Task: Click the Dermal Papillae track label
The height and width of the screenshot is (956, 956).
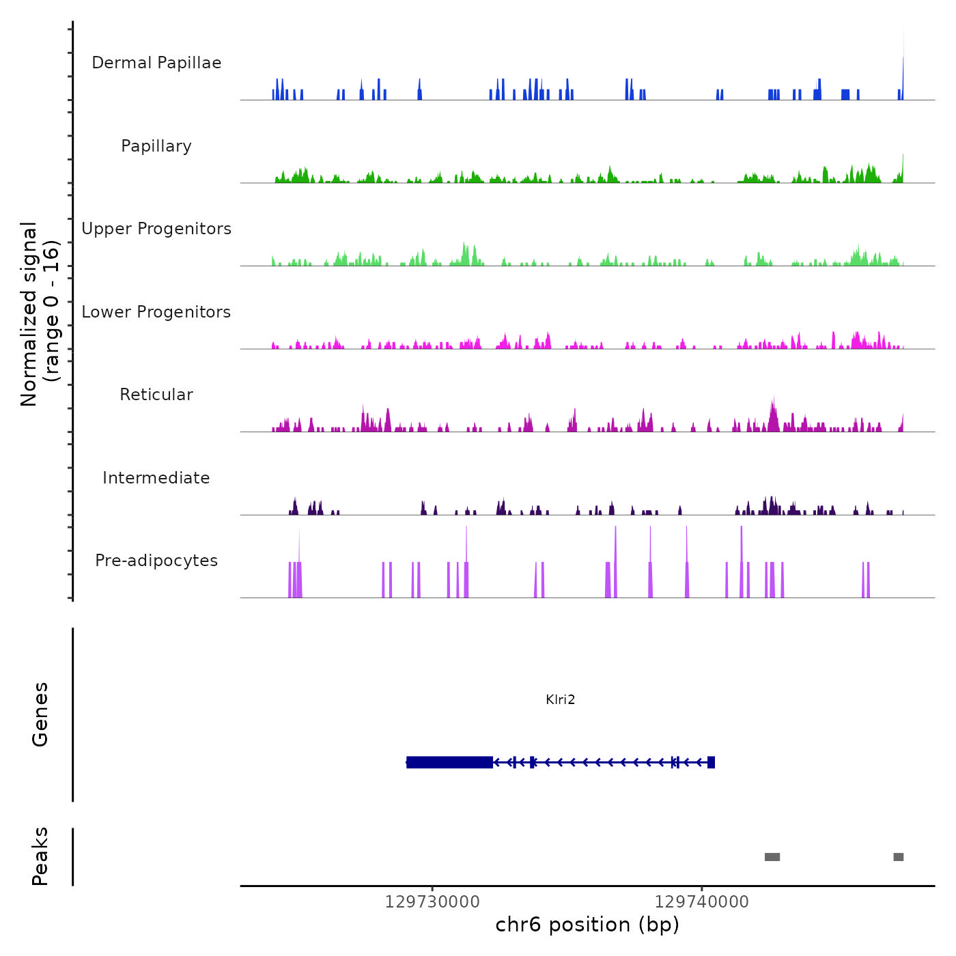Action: click(156, 63)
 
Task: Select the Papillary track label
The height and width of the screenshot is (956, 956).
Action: click(156, 146)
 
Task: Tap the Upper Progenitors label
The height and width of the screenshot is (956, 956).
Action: click(156, 229)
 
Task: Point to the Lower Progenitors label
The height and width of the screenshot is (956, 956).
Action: click(156, 312)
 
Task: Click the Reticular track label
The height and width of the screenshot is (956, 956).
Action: click(156, 395)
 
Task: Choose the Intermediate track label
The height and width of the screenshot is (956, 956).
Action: click(156, 478)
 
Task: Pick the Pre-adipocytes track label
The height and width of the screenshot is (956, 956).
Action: click(156, 561)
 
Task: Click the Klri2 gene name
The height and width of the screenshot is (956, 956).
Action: click(561, 699)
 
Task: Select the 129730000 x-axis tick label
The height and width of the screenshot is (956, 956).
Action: click(432, 902)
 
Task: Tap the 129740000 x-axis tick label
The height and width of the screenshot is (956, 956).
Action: click(701, 902)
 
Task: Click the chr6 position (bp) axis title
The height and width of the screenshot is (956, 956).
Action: click(587, 925)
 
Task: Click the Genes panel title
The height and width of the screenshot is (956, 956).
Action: click(40, 714)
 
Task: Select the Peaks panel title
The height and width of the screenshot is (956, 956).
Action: click(40, 856)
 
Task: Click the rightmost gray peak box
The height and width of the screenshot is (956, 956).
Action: click(899, 857)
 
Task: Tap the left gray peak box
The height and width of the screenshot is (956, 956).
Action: click(772, 857)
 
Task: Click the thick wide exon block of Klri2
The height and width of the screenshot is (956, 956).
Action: click(449, 762)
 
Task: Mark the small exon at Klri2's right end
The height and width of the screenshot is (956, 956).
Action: click(711, 762)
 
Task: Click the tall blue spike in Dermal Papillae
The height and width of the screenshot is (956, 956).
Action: click(903, 68)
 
